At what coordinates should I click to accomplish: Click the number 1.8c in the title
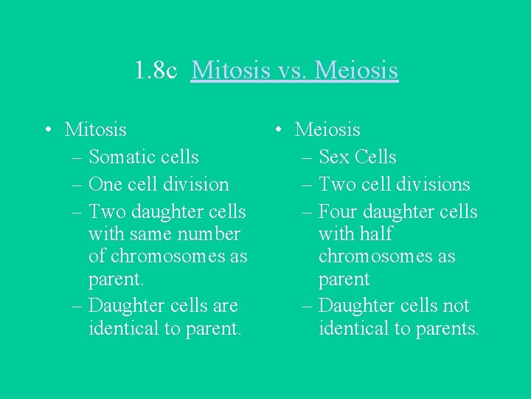156,71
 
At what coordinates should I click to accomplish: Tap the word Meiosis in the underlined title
357,71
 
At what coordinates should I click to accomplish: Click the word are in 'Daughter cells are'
224,306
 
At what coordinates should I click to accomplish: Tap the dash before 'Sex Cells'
306,157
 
